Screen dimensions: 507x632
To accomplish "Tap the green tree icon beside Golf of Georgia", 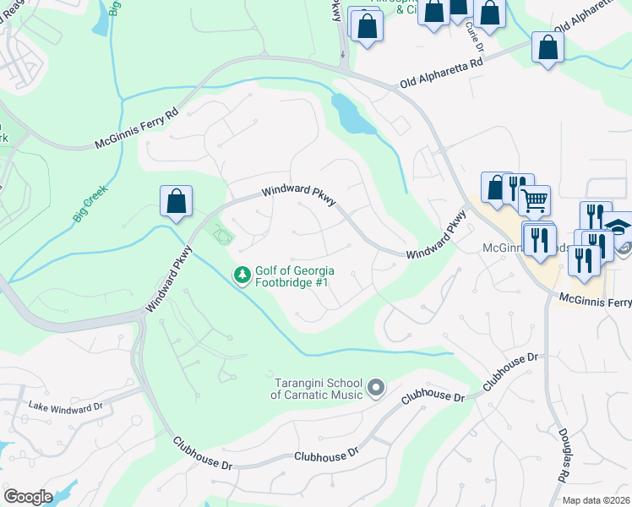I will pos(242,275).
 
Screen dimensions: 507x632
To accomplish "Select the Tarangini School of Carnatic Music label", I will pos(317,390).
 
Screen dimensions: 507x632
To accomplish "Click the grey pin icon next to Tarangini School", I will pos(377,389).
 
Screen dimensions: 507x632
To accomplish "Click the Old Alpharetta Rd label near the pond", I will pos(440,74).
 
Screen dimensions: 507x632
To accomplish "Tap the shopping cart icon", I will pos(534,200).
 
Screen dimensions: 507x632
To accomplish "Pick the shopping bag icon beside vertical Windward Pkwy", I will pos(176,202).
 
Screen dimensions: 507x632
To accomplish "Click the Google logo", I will pos(28,497).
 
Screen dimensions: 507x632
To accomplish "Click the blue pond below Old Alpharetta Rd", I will pos(352,116).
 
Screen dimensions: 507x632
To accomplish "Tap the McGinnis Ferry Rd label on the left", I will pos(136,129).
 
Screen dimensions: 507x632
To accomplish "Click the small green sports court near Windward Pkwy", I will pos(221,233).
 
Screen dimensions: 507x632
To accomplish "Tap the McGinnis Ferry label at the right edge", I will pos(595,302).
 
